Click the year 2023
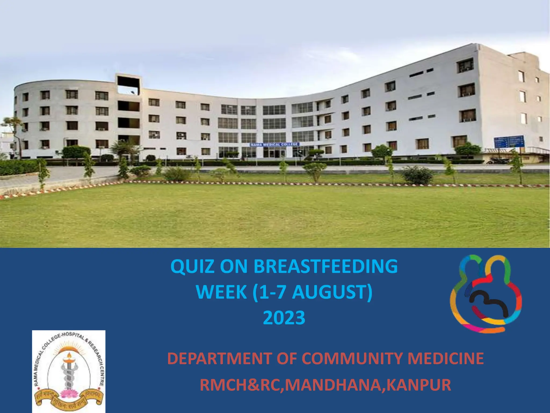284,318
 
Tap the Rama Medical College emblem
68,371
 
